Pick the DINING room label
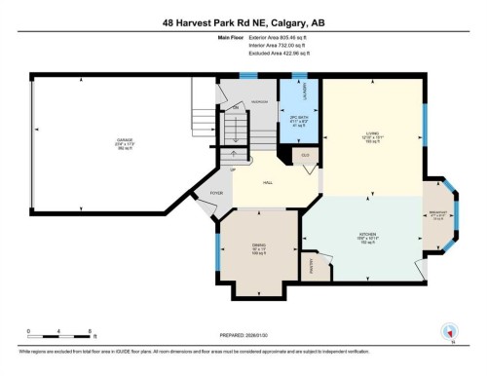click(258, 246)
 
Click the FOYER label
click(216, 194)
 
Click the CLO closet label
click(305, 154)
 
